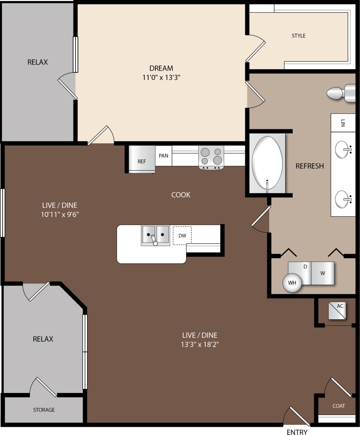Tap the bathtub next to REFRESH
pos(267,163)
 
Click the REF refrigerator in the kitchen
pos(142,159)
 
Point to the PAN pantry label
pos(164,156)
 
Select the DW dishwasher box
pos(182,235)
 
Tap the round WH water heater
pos(292,283)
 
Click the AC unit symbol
pos(337,310)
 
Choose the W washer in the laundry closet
pos(322,273)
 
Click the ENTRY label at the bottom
pos(297,432)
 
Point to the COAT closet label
pos(338,406)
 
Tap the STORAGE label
pos(44,410)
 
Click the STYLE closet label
pos(299,36)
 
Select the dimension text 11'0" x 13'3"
pos(161,77)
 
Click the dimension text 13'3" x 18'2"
pos(200,344)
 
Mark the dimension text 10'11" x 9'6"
pos(60,214)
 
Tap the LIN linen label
pos(343,123)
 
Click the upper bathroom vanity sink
pos(343,149)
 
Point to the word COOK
pos(181,194)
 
